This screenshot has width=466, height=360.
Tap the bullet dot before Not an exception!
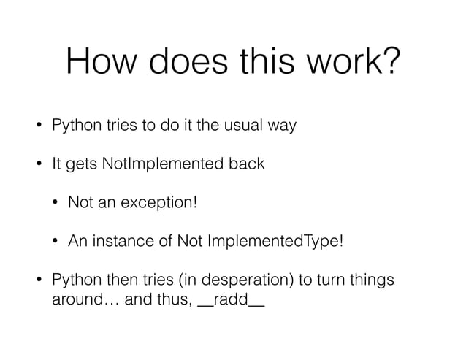(56, 203)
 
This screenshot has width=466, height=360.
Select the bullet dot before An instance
(56, 242)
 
